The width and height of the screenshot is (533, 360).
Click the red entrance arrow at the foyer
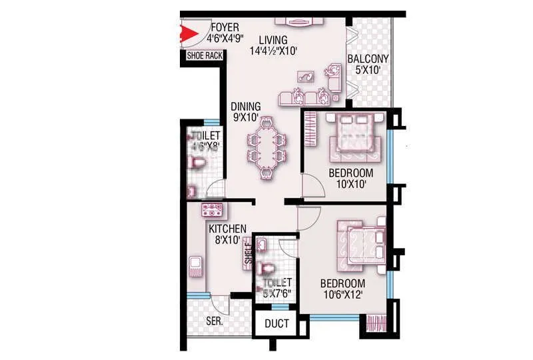point(188,33)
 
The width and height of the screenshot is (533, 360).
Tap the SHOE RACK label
point(205,56)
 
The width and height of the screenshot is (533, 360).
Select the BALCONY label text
point(368,59)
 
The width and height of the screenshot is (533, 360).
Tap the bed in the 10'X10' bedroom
point(353,136)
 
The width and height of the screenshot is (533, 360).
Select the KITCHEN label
point(228,229)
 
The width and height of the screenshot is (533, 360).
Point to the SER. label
point(214,321)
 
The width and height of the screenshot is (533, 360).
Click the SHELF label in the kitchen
point(249,254)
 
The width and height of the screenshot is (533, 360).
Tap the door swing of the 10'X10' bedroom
point(311,187)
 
